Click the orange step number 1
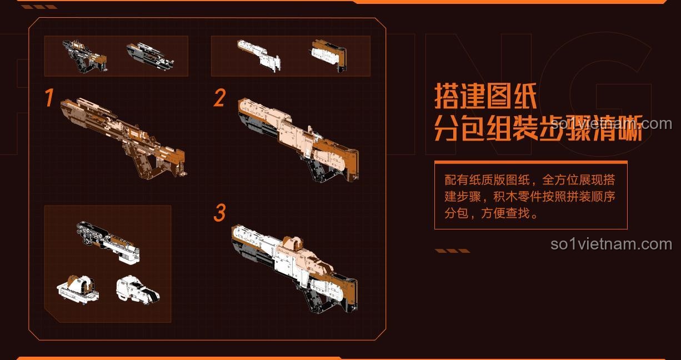(x=49, y=98)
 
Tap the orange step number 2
(x=219, y=98)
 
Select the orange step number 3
(x=220, y=213)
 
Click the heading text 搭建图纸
(x=485, y=96)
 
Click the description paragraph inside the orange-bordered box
(x=530, y=197)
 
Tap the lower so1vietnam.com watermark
(x=611, y=244)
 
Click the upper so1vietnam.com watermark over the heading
(x=611, y=123)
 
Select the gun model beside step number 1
(x=123, y=136)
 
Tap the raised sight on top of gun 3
(x=294, y=243)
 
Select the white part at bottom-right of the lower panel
(x=137, y=289)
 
